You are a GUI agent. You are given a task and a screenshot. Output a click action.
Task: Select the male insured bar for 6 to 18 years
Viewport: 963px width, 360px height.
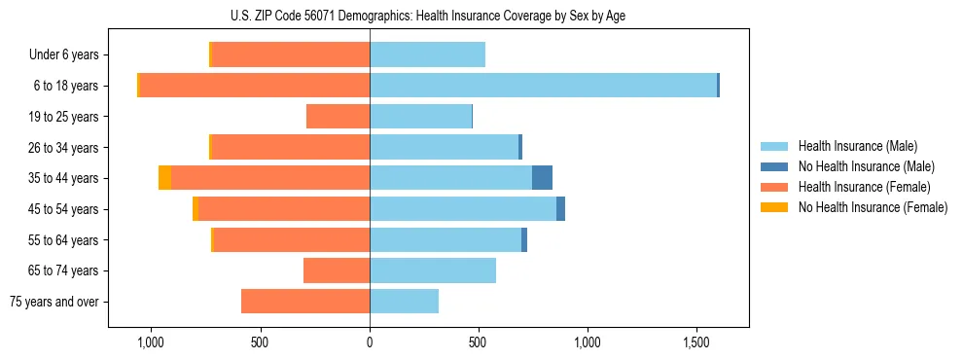pyautogui.click(x=543, y=86)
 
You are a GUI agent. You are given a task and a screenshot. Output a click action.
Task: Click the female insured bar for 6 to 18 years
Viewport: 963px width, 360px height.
pyautogui.click(x=254, y=86)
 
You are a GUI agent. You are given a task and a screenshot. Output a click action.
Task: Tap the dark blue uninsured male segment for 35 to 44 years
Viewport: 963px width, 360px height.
pyautogui.click(x=542, y=178)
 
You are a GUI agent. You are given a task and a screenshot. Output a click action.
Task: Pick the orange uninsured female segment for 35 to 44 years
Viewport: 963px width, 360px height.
pyautogui.click(x=164, y=178)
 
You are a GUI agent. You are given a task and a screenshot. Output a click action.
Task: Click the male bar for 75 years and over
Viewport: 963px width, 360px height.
pyautogui.click(x=404, y=302)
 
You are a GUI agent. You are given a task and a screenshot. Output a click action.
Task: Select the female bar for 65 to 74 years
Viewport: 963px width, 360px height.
pyautogui.click(x=337, y=270)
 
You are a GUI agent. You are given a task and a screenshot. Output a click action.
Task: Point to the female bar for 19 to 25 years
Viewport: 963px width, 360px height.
pyautogui.click(x=338, y=117)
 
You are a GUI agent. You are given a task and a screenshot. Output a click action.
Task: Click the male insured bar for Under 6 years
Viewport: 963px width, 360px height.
pyautogui.click(x=427, y=55)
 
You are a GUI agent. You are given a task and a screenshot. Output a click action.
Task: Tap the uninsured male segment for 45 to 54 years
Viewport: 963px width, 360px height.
pyautogui.click(x=560, y=209)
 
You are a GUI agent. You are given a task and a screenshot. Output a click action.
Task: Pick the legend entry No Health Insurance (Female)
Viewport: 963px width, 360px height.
pyautogui.click(x=873, y=207)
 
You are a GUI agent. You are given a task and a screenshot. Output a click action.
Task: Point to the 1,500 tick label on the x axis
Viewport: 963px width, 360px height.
pyautogui.click(x=696, y=343)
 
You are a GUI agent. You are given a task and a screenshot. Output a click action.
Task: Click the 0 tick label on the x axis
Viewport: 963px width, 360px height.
pyautogui.click(x=370, y=343)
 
